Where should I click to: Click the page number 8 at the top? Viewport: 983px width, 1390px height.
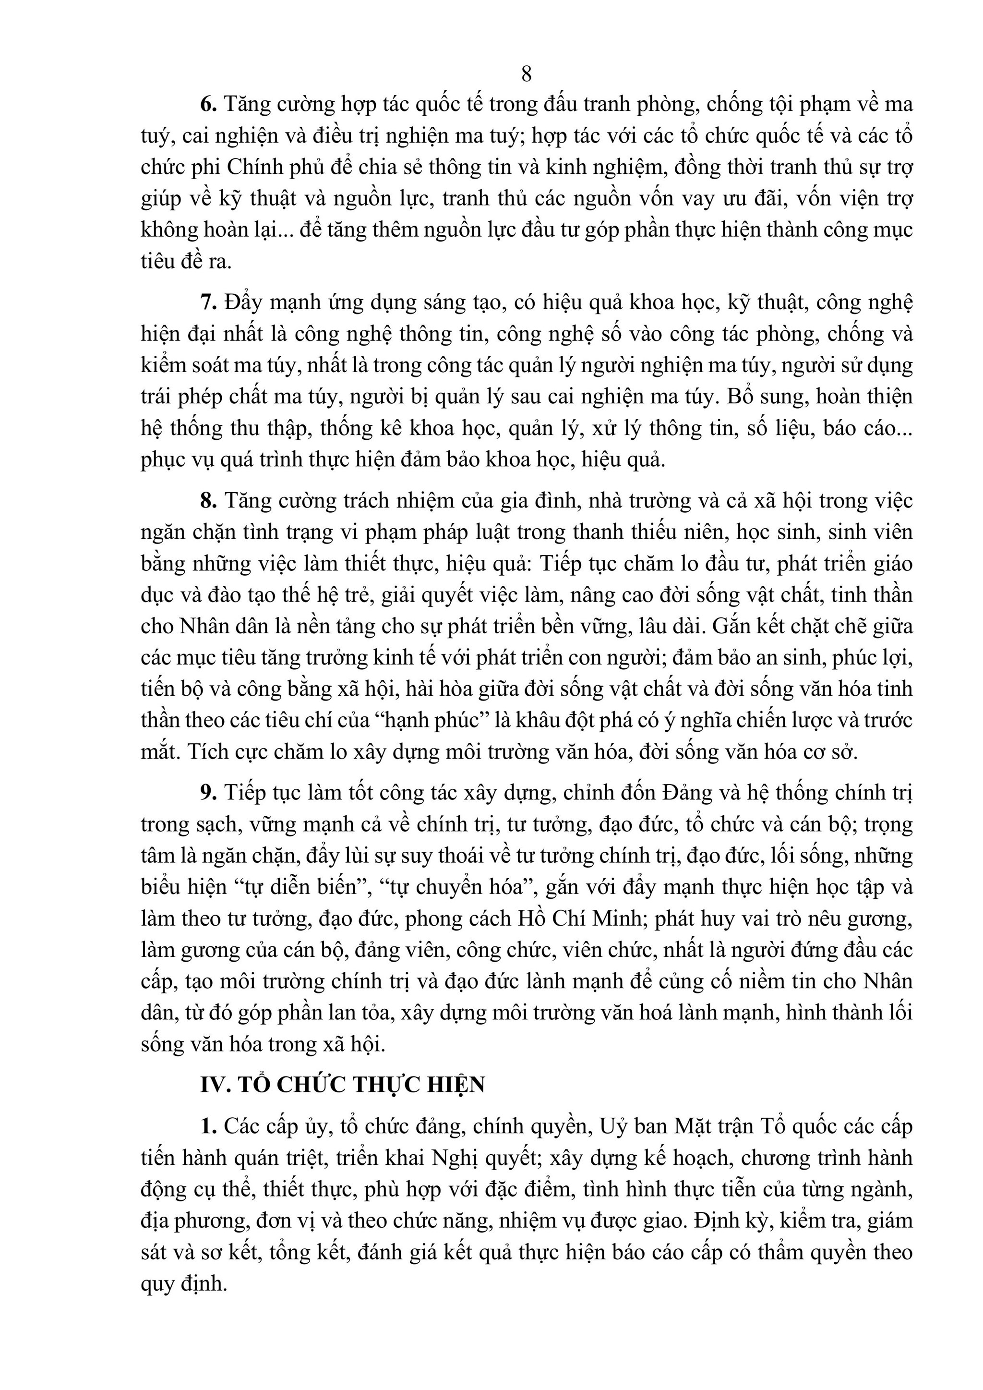[x=526, y=74]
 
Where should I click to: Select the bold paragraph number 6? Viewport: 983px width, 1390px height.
[x=208, y=105]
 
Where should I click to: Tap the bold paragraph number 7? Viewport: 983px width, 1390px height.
[x=208, y=302]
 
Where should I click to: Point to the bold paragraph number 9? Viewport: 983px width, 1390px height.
[x=208, y=793]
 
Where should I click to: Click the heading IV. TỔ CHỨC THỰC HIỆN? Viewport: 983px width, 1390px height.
[x=343, y=1085]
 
